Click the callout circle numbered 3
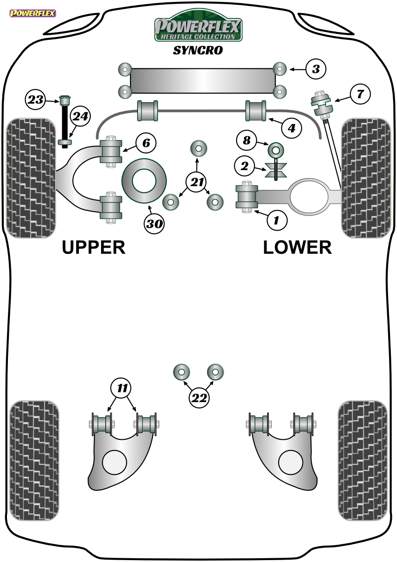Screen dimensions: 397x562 316,69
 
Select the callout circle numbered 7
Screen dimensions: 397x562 360,94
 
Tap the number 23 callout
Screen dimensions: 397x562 36,100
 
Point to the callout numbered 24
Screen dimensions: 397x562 80,116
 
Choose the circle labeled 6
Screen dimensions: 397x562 146,143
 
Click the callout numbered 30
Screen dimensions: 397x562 154,223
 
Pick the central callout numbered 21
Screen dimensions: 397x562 197,182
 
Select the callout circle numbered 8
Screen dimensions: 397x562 247,140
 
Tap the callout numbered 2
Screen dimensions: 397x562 245,166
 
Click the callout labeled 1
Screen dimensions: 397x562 277,220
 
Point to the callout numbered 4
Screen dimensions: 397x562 291,128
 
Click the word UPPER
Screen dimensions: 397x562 94,248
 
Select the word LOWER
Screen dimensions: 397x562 297,248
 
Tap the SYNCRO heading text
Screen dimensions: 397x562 198,51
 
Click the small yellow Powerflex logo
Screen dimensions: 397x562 33,13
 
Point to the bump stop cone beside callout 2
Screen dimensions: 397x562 276,170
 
